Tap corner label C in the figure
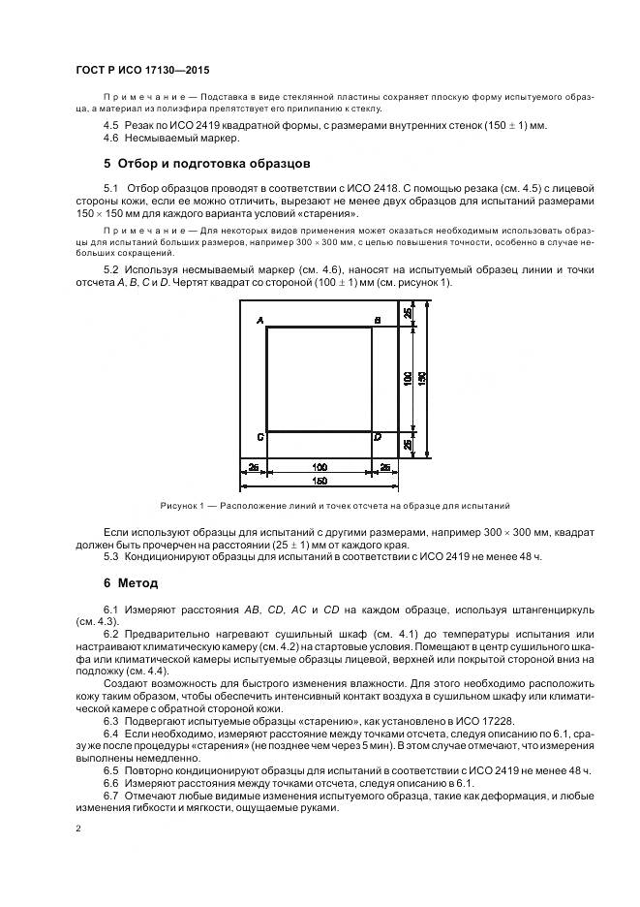260,438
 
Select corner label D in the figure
378,438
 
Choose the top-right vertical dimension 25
408,312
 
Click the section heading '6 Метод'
131,583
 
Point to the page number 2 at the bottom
77,829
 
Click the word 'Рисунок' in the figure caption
180,506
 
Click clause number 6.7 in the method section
111,796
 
